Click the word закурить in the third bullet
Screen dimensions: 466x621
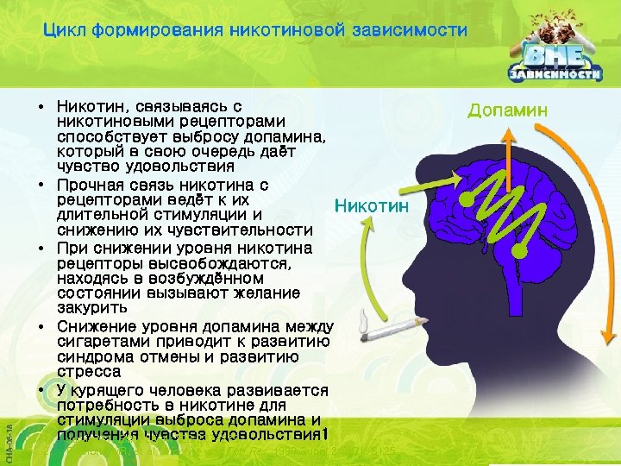(91, 307)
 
